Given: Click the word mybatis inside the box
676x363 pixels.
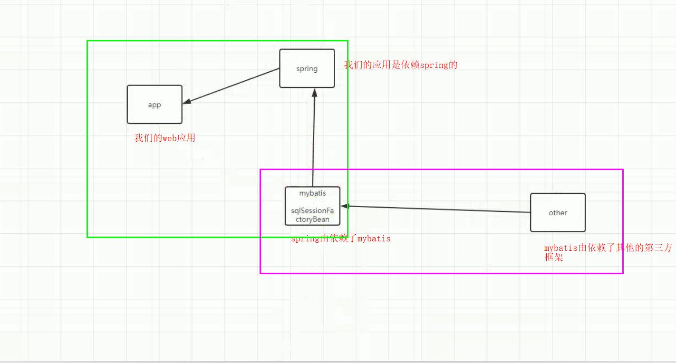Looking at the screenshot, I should click(312, 193).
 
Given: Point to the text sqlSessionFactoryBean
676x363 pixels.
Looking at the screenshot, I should click(312, 215).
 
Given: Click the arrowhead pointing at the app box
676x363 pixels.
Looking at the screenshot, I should click(186, 102).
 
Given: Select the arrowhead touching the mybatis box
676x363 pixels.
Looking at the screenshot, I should click(345, 206).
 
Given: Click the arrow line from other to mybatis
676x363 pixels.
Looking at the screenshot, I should click(437, 209).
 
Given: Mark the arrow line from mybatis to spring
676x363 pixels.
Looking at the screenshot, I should click(313, 143).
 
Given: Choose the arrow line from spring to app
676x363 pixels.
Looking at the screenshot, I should click(233, 86).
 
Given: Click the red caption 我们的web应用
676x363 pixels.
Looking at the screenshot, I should click(165, 138).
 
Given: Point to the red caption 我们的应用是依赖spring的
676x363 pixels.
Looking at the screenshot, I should click(400, 65).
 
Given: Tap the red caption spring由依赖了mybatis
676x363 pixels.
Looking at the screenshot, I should click(340, 239).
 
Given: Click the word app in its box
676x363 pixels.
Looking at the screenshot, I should click(155, 105).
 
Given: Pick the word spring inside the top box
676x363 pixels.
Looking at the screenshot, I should click(307, 68).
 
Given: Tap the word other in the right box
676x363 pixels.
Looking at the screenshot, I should click(558, 213).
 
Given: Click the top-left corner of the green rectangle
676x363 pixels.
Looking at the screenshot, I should click(87, 41).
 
